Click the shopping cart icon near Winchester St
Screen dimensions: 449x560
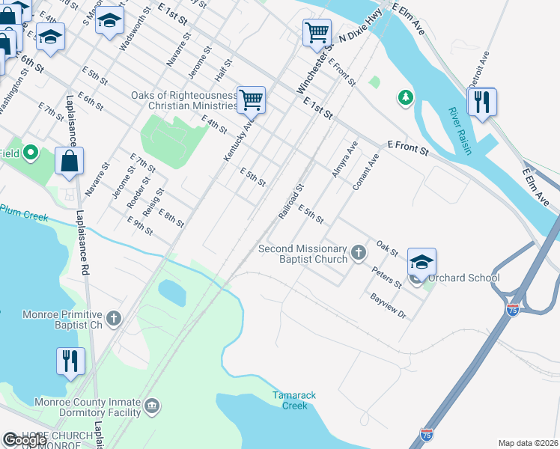[x=317, y=33]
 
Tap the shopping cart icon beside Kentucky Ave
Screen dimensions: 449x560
[x=251, y=100]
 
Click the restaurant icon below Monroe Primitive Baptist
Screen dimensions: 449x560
[x=70, y=361]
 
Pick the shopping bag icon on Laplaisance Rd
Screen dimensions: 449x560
[x=69, y=161]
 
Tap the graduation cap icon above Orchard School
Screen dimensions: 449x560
[x=421, y=262]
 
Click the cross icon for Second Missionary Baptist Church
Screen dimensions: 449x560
[x=359, y=252]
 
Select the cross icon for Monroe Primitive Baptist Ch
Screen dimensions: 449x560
[x=114, y=319]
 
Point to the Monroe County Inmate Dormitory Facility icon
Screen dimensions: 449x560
[x=152, y=406]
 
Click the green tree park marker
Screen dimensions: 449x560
[x=405, y=97]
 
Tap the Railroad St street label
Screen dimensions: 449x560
[x=291, y=201]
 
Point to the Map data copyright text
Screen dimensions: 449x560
[x=528, y=443]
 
